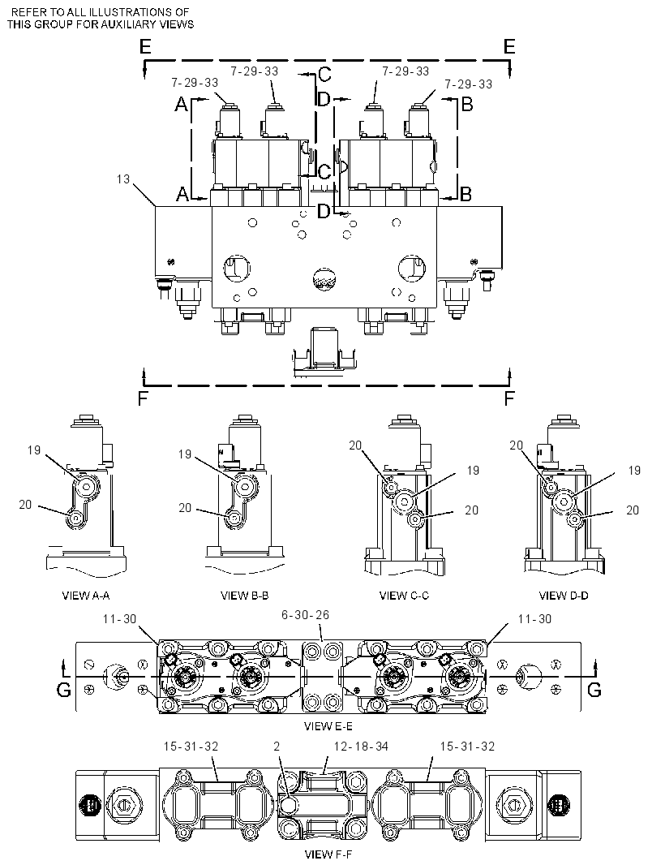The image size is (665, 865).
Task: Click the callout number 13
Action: (x=123, y=179)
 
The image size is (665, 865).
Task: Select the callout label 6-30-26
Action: (x=306, y=614)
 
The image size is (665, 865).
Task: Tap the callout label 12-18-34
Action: (x=361, y=747)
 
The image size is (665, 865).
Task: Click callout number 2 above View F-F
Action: (x=277, y=747)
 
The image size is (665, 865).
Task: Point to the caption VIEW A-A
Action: (x=85, y=596)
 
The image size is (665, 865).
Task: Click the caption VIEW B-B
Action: (x=244, y=596)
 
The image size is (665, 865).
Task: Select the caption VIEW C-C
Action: (x=404, y=596)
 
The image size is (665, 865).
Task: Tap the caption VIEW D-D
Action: (x=564, y=596)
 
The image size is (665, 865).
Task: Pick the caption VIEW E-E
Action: (x=328, y=726)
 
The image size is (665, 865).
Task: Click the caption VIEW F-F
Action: (x=328, y=854)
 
